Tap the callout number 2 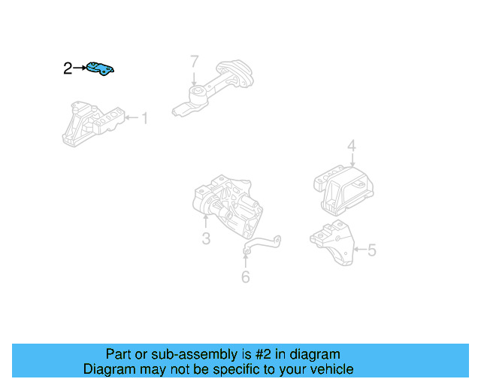(x=68, y=69)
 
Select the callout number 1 (x=144, y=118)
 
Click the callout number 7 (x=194, y=61)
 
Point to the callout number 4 (x=351, y=146)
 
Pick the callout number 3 (x=205, y=239)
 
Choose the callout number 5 (x=371, y=250)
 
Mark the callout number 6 (x=245, y=277)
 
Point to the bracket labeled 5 (x=332, y=242)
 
